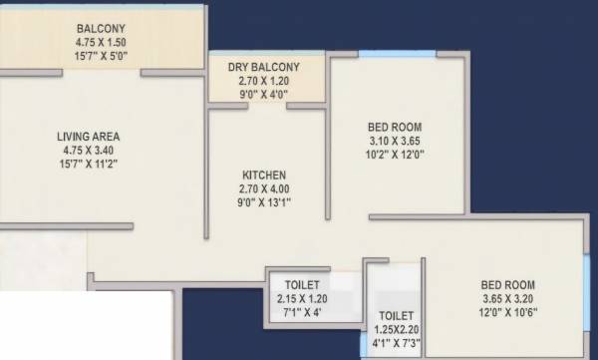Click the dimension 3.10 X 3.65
tap(395, 142)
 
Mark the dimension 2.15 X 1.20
tap(302, 298)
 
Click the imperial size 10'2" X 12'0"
tap(395, 157)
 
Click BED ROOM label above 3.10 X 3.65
tap(395, 127)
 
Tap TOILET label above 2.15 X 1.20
tap(302, 283)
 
